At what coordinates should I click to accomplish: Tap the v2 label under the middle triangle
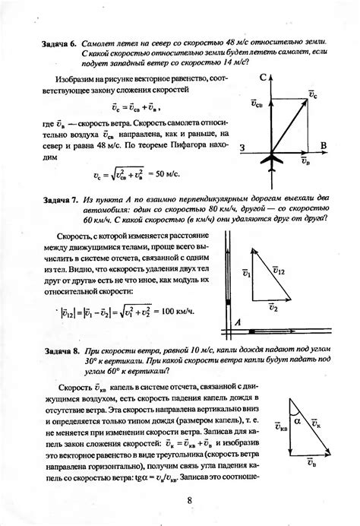pyautogui.click(x=272, y=308)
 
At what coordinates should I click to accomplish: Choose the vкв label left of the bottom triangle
pyautogui.click(x=279, y=429)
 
